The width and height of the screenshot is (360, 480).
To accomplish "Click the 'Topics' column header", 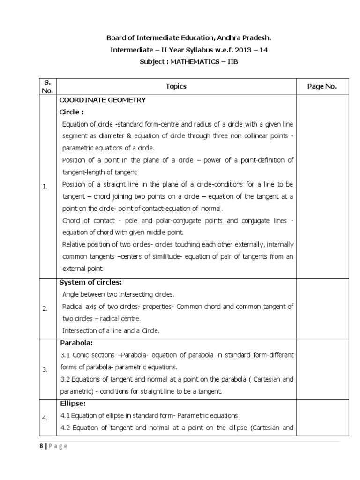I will point(176,86).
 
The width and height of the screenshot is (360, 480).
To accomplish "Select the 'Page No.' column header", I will point(322,86).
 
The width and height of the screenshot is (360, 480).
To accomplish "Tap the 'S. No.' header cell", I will point(47,86).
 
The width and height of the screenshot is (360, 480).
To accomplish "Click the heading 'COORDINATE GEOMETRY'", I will point(102,100).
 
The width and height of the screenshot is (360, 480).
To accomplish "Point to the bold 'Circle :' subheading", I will point(71,112).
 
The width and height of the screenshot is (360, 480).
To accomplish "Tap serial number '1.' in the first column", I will point(45,187).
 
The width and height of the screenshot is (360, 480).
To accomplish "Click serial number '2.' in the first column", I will point(45,308).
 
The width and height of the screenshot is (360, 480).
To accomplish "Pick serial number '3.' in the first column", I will point(45,369).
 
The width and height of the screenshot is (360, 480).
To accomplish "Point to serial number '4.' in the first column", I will point(45,418).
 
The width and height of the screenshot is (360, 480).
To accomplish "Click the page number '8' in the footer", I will point(41,446).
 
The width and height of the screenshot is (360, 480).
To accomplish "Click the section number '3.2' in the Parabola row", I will point(65,379).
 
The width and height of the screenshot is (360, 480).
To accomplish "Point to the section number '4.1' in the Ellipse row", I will point(65,415).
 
